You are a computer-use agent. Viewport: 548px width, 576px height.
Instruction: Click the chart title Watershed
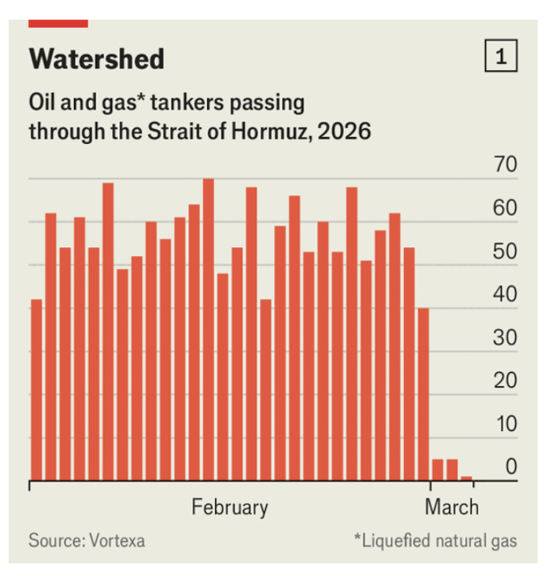(97, 58)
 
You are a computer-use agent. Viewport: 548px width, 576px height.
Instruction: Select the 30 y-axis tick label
(505, 338)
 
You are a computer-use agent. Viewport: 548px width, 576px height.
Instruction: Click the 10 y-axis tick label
(505, 425)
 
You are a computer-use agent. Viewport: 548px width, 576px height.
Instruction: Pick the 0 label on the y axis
(511, 467)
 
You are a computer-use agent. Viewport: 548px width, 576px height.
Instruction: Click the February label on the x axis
(230, 507)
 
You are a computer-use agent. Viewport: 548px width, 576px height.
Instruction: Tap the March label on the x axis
(451, 507)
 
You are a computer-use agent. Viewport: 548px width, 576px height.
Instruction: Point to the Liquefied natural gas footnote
(435, 541)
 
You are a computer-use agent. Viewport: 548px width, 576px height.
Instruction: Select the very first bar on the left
(35, 390)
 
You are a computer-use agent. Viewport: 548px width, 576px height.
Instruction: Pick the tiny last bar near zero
(466, 478)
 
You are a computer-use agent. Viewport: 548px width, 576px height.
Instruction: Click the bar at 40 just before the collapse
(423, 393)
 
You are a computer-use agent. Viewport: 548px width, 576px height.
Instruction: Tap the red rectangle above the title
(57, 24)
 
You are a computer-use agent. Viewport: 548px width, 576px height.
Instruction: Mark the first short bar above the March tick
(437, 470)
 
